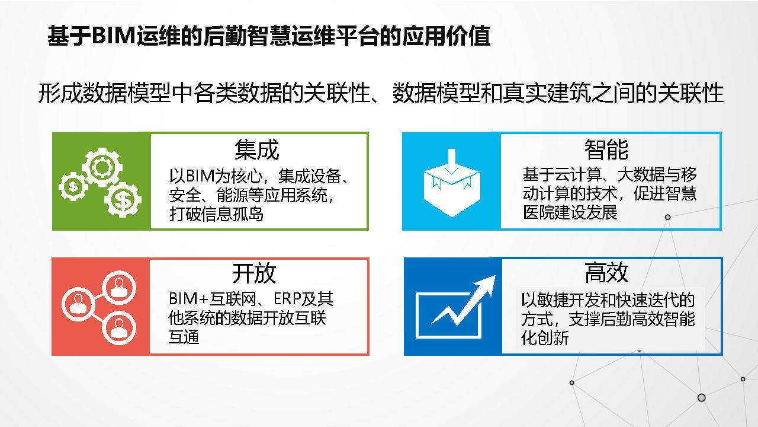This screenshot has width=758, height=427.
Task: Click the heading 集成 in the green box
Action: (x=257, y=149)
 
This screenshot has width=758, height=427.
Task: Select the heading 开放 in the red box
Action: (x=254, y=273)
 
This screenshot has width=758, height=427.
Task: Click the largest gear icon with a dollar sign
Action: (x=123, y=200)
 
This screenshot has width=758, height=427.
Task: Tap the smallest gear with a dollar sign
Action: (x=73, y=186)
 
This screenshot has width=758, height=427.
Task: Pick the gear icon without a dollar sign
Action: (x=102, y=167)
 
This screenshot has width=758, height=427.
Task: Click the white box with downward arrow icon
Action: (x=452, y=183)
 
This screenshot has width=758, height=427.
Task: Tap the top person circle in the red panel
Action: (x=119, y=288)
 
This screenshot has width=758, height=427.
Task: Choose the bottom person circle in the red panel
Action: (x=119, y=328)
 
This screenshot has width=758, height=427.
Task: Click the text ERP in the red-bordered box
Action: (x=287, y=299)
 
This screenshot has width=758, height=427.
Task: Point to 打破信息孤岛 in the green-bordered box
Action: (x=216, y=215)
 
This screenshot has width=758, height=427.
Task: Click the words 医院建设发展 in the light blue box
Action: (x=570, y=212)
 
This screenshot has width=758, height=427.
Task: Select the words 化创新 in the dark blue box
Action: (x=545, y=338)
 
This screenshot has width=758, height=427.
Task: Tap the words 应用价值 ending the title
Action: (x=446, y=36)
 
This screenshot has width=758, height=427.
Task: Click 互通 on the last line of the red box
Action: (x=184, y=337)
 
